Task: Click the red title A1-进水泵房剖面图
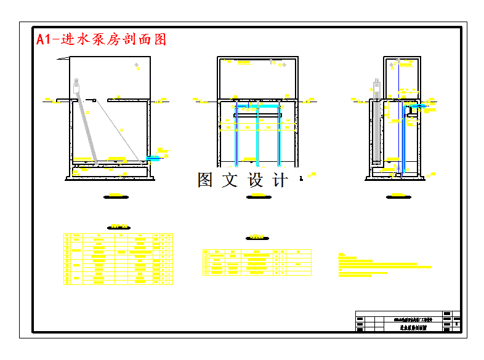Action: (x=102, y=39)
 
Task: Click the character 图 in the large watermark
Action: (x=205, y=180)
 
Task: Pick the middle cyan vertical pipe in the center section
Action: (x=257, y=138)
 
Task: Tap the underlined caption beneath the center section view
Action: (x=257, y=196)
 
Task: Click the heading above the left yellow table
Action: (x=115, y=226)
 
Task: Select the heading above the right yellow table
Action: (x=256, y=237)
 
